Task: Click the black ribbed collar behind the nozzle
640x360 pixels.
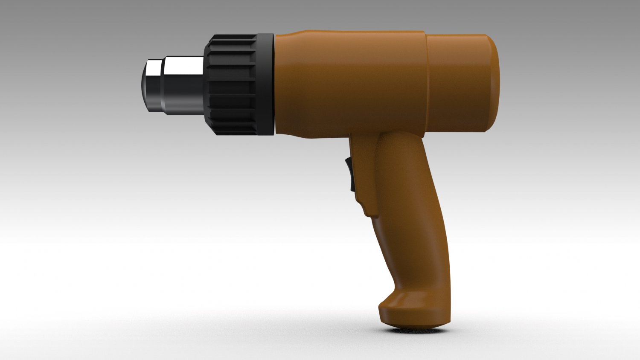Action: tap(233, 85)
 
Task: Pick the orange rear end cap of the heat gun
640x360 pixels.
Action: tap(461, 83)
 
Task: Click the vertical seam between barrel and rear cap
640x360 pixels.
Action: tap(426, 83)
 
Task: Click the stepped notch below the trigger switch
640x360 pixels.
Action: tap(367, 209)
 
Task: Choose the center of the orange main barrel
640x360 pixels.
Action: tap(350, 83)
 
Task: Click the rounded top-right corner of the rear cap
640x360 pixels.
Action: tap(491, 41)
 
